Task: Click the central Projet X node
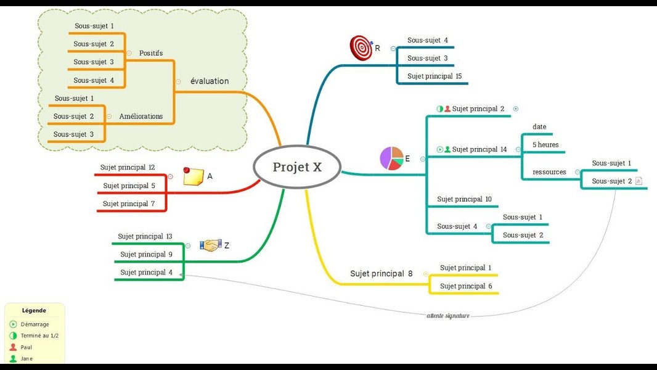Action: [x=297, y=167]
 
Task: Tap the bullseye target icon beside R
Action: [x=361, y=48]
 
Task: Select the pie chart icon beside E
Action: [x=391, y=158]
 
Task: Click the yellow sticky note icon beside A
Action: [x=192, y=176]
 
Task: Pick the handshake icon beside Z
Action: [x=211, y=245]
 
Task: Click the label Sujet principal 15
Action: [x=434, y=76]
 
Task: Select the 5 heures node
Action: [x=545, y=145]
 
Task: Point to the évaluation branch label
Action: [x=209, y=81]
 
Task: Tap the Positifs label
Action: [x=151, y=53]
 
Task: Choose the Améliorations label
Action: [x=141, y=116]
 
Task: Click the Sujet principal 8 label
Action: [x=381, y=273]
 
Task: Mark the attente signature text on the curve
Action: [x=448, y=316]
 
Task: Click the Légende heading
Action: [x=34, y=311]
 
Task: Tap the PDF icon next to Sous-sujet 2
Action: [x=639, y=181]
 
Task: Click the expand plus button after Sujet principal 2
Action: [x=516, y=109]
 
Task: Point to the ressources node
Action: [x=549, y=172]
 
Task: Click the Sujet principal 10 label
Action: [x=464, y=199]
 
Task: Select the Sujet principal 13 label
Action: [x=145, y=236]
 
